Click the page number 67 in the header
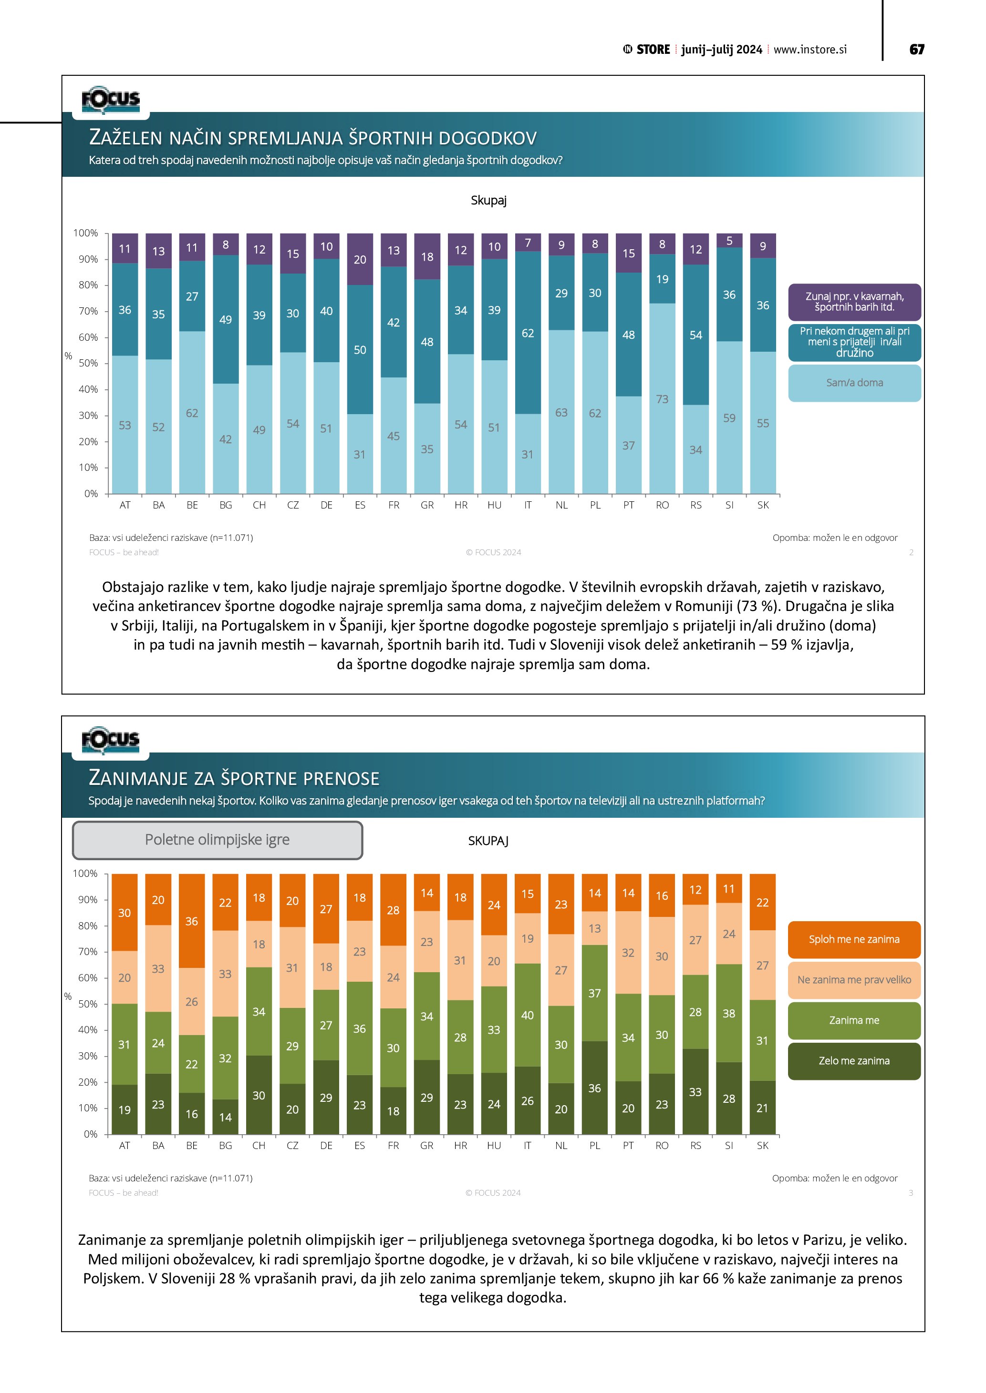click(x=916, y=50)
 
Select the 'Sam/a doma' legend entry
click(x=854, y=383)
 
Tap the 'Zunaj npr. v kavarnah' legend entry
click(x=854, y=302)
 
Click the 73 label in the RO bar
click(x=662, y=399)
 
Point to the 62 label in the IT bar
click(x=528, y=333)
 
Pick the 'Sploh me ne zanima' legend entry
click(x=854, y=939)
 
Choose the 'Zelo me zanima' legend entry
click(x=854, y=1060)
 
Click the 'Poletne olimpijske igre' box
click(x=218, y=840)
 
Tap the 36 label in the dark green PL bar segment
click(x=594, y=1088)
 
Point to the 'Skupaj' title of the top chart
click(x=488, y=200)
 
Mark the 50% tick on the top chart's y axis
click(x=88, y=364)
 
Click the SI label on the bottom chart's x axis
click(x=728, y=1146)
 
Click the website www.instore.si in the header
click(x=810, y=50)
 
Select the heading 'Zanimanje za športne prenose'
click(x=234, y=778)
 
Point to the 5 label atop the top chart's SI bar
click(x=729, y=241)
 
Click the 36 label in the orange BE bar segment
click(x=191, y=921)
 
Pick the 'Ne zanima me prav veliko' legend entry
click(x=854, y=980)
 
